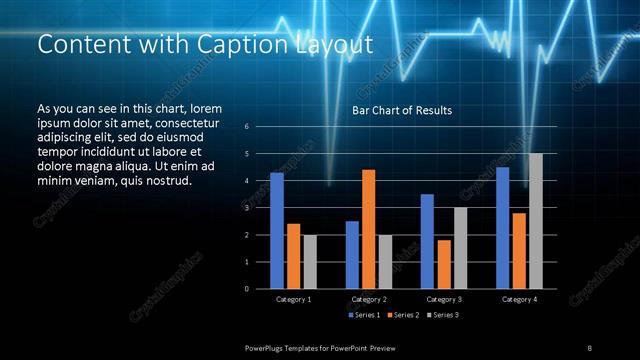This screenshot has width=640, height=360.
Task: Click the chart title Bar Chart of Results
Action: pyautogui.click(x=402, y=110)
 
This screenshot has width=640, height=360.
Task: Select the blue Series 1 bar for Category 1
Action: pyautogui.click(x=277, y=230)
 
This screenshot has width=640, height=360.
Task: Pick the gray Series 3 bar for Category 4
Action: pyautogui.click(x=536, y=221)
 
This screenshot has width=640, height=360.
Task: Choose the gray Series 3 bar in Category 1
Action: pyautogui.click(x=310, y=262)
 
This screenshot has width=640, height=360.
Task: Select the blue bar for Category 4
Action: pyautogui.click(x=502, y=227)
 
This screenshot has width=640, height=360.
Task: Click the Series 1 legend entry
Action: pyautogui.click(x=365, y=315)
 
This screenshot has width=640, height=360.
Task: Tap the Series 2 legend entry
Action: pyautogui.click(x=404, y=315)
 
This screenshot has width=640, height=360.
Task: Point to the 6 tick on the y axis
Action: pyautogui.click(x=260, y=127)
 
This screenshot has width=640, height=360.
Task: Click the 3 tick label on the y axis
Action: pyautogui.click(x=260, y=208)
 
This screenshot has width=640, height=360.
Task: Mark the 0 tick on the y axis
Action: pyautogui.click(x=260, y=289)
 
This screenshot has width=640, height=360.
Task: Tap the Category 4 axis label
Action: pyautogui.click(x=519, y=299)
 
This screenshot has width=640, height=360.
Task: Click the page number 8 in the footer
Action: pyautogui.click(x=589, y=347)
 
